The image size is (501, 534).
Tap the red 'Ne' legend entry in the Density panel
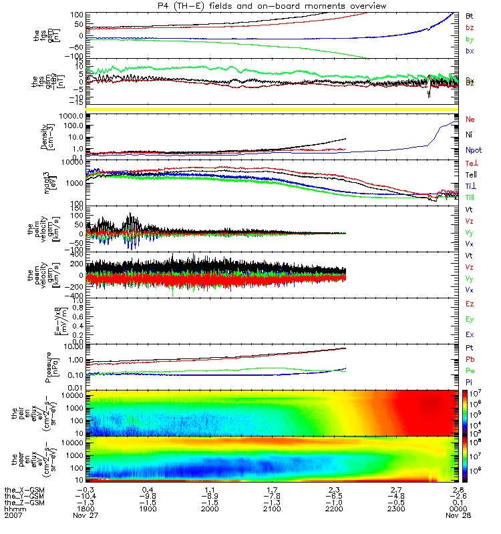pos(470,119)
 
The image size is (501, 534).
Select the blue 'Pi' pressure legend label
pos(470,381)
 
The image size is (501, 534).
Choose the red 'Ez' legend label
pos(470,304)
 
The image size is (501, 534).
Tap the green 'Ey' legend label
pos(470,320)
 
